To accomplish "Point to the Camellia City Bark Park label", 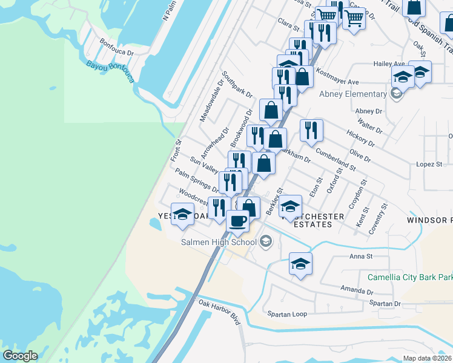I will (410, 278).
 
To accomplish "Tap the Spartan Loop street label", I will (288, 314).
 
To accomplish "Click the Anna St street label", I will (360, 256).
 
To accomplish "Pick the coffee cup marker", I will (238, 220).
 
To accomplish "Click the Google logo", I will (20, 356).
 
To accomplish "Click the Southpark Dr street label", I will (237, 85).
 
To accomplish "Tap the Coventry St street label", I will (380, 217).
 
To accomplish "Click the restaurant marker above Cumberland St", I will (311, 130).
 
